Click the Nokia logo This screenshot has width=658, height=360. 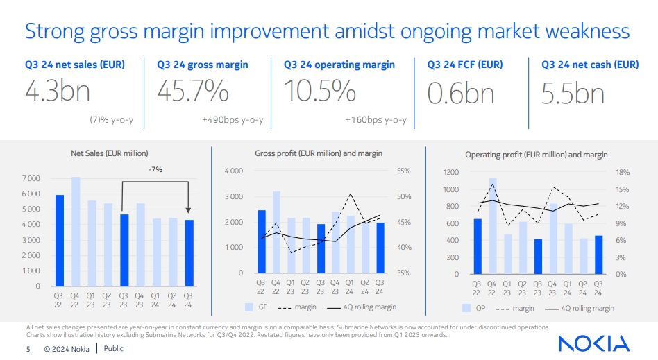(x=593, y=343)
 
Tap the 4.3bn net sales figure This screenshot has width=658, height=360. (x=58, y=92)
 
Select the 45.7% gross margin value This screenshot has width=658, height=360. (x=193, y=92)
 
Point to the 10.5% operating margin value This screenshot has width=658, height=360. (x=320, y=92)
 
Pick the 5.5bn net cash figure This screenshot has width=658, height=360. (x=573, y=92)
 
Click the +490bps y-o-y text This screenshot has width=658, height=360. (x=233, y=120)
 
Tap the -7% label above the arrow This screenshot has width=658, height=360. (x=155, y=169)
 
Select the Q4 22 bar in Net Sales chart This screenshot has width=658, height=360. (x=76, y=232)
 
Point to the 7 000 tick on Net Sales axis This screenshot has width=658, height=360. (x=31, y=178)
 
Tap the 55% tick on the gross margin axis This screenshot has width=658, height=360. (x=405, y=171)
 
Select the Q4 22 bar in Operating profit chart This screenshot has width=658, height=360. (x=493, y=225)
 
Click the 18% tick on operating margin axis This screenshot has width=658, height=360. (x=622, y=172)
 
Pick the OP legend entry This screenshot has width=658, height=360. (x=475, y=308)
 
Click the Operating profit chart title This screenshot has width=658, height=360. (x=536, y=155)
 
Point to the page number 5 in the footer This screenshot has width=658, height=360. (x=28, y=349)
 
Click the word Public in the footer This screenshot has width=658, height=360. (x=114, y=349)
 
